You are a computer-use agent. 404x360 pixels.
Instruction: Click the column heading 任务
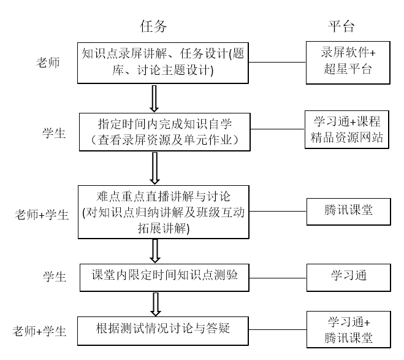[153, 26]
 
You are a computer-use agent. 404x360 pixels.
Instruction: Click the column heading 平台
[341, 26]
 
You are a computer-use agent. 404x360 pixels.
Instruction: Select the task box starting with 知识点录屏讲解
[163, 62]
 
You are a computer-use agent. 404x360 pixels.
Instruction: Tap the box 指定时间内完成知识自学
[164, 130]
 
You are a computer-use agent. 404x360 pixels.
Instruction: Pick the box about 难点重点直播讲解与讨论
[164, 212]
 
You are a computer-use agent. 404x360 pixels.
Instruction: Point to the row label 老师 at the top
[48, 63]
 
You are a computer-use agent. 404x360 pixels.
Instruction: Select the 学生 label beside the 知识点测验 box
[54, 277]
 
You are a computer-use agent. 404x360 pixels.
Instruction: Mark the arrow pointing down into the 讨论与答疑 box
[156, 302]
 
